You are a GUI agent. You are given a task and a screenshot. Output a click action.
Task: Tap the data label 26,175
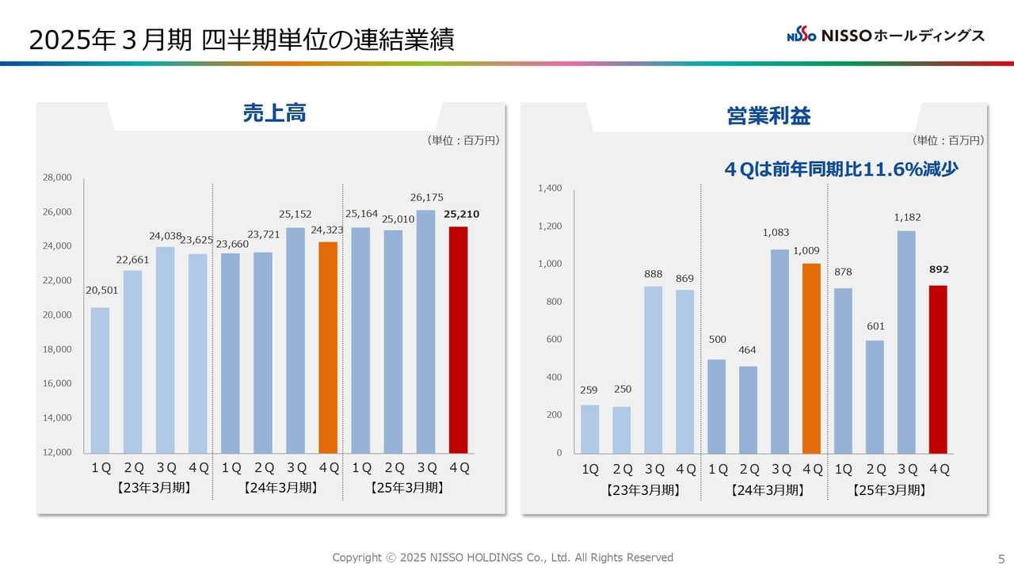click(x=427, y=197)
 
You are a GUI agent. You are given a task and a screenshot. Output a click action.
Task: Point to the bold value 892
click(x=939, y=270)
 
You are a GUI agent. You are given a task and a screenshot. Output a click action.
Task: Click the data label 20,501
click(x=101, y=291)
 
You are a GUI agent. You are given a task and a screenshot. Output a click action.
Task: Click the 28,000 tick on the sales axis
click(x=57, y=178)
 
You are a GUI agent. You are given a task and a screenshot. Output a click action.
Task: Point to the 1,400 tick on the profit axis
click(x=550, y=188)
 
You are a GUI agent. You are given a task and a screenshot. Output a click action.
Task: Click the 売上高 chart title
click(x=274, y=114)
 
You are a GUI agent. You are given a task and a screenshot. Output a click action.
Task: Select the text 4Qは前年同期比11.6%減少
click(x=841, y=169)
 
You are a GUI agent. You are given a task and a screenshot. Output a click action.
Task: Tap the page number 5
click(x=1001, y=558)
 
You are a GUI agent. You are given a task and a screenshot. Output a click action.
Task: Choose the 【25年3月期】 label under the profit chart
click(x=889, y=491)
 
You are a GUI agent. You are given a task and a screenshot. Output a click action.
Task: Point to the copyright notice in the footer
click(x=502, y=558)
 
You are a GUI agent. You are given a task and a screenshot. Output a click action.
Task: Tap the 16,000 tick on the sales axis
click(x=57, y=383)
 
